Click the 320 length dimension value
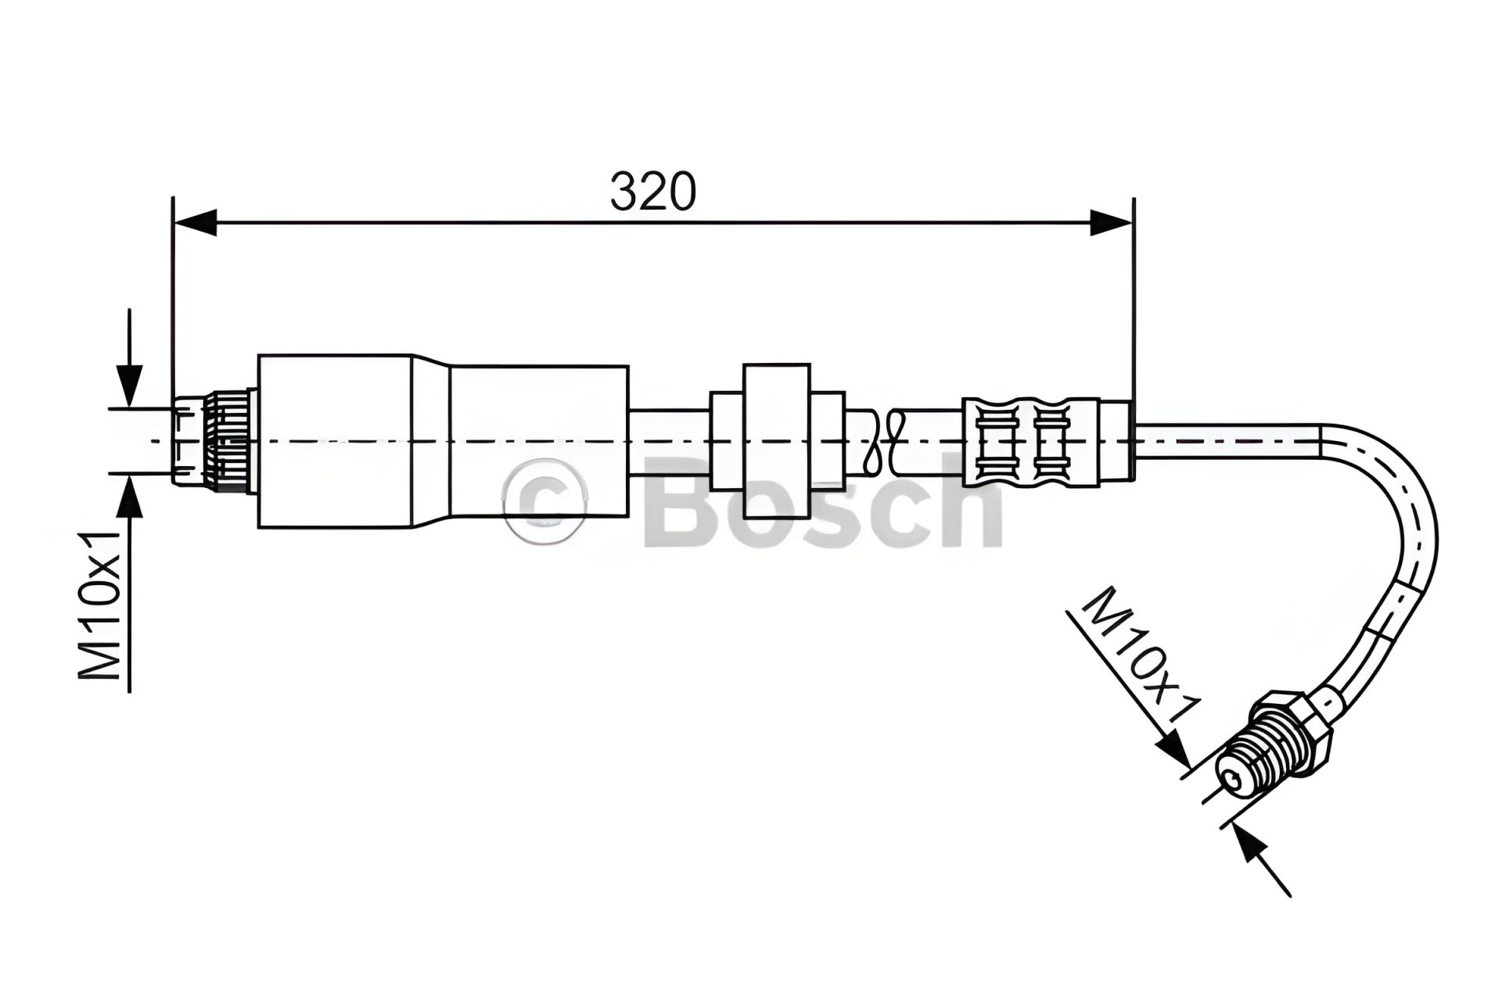[x=652, y=192]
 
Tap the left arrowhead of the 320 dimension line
[x=194, y=222]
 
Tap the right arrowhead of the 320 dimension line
[x=1111, y=222]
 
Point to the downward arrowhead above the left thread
[x=129, y=387]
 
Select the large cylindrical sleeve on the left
[x=443, y=441]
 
